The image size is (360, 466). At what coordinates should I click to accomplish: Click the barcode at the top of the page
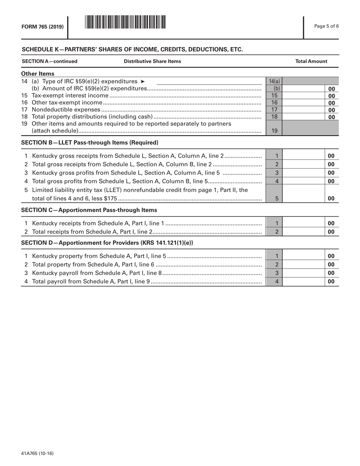click(125, 22)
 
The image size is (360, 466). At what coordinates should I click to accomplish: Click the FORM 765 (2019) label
click(42, 27)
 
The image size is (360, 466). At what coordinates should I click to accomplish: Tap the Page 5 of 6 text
click(327, 26)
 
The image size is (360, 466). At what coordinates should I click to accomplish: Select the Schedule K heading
click(132, 49)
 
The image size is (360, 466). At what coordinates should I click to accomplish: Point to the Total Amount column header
click(311, 61)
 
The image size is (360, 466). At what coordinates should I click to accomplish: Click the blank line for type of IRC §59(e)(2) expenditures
click(209, 81)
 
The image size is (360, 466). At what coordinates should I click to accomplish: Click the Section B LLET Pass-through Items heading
click(89, 143)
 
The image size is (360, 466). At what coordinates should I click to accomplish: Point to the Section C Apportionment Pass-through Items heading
click(89, 210)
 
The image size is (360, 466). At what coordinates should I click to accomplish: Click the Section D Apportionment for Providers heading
click(107, 243)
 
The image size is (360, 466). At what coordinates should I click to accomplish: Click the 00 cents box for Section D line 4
click(331, 281)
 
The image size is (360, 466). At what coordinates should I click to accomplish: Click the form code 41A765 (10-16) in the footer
click(37, 453)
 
